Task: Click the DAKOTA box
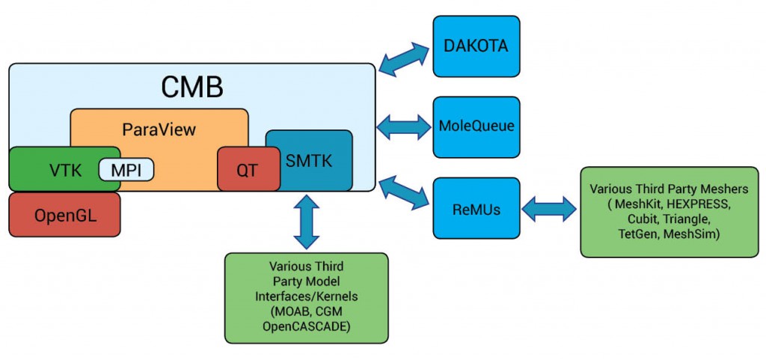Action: (x=476, y=46)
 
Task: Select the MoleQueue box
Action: (x=476, y=126)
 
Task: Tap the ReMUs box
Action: (x=476, y=208)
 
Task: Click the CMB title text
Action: (x=191, y=87)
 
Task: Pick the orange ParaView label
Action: (x=159, y=129)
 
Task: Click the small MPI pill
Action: (x=126, y=169)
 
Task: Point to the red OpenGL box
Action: (x=64, y=215)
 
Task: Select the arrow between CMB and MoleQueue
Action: (x=405, y=126)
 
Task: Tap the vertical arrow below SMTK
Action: (x=307, y=222)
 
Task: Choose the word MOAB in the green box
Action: (x=287, y=313)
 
